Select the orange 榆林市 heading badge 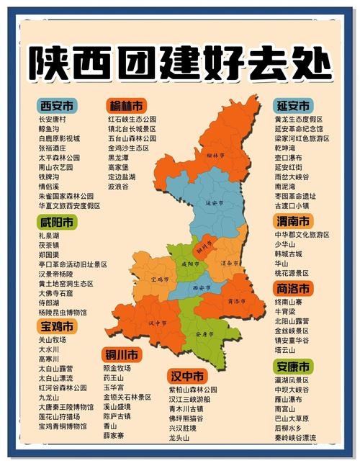(126, 104)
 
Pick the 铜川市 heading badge (121, 354)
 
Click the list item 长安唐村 (52, 119)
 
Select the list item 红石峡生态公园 (132, 119)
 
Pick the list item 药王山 (114, 377)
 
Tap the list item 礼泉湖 (48, 236)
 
